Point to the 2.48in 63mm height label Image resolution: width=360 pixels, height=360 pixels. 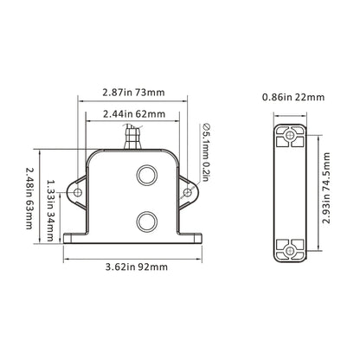click(x=31, y=197)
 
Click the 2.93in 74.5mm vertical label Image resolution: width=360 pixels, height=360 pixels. click(x=326, y=191)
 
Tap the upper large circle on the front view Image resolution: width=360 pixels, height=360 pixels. click(x=145, y=176)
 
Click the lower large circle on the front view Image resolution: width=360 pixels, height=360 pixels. click(x=145, y=219)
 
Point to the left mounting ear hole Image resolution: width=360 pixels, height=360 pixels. click(x=77, y=191)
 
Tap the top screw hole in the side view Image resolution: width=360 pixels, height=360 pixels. click(x=289, y=135)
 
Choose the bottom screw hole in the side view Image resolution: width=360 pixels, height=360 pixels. click(x=289, y=250)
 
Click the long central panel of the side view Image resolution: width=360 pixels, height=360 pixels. click(x=289, y=192)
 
